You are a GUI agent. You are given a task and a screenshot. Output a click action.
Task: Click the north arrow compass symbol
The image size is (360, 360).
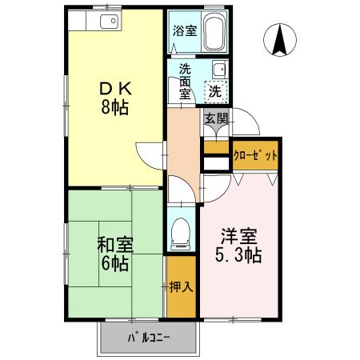click(x=279, y=42)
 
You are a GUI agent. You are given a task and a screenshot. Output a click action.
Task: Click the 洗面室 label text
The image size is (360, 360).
click(x=186, y=81)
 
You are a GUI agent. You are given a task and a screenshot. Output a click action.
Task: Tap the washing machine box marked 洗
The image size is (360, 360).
click(x=214, y=91)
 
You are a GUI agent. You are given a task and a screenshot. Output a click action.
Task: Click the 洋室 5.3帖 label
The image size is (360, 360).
click(x=240, y=246)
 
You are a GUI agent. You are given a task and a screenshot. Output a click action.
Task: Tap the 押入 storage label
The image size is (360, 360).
click(x=181, y=286)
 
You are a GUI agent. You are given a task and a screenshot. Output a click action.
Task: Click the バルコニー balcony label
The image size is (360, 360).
click(x=148, y=338)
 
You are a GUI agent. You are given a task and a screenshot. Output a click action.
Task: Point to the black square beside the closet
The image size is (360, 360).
click(x=215, y=164)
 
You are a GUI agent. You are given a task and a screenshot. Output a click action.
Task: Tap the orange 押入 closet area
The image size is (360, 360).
click(x=182, y=300)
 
